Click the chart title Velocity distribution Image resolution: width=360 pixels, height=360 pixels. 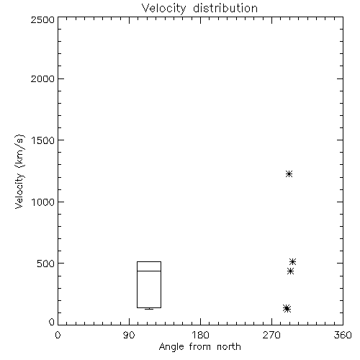point(199,8)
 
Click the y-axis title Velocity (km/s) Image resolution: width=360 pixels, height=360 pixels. point(19,171)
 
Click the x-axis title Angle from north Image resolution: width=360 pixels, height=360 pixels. point(199,346)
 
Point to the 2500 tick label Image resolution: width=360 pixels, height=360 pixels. point(42,19)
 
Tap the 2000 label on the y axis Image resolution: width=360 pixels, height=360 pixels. point(42,78)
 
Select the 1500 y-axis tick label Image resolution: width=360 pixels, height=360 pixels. point(43,140)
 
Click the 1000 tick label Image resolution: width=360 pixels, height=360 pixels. point(43,202)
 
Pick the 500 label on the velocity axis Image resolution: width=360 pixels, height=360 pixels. point(46,264)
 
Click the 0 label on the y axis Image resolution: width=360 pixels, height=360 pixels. point(52,322)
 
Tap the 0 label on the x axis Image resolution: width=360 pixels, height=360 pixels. point(58,335)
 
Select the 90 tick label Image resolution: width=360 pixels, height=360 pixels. point(129,335)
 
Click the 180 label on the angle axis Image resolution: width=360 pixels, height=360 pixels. point(200,335)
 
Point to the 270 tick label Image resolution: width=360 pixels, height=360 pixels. point(271,335)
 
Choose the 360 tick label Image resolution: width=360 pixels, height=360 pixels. point(343,335)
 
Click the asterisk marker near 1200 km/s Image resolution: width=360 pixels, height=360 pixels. point(289,174)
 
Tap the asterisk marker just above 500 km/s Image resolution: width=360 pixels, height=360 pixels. point(292,261)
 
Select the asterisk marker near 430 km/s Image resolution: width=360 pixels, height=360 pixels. point(290,271)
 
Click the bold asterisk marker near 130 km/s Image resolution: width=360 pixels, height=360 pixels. point(287,308)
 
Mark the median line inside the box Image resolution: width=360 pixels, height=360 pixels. point(149,271)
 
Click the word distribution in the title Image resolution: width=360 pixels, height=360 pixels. point(225,8)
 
